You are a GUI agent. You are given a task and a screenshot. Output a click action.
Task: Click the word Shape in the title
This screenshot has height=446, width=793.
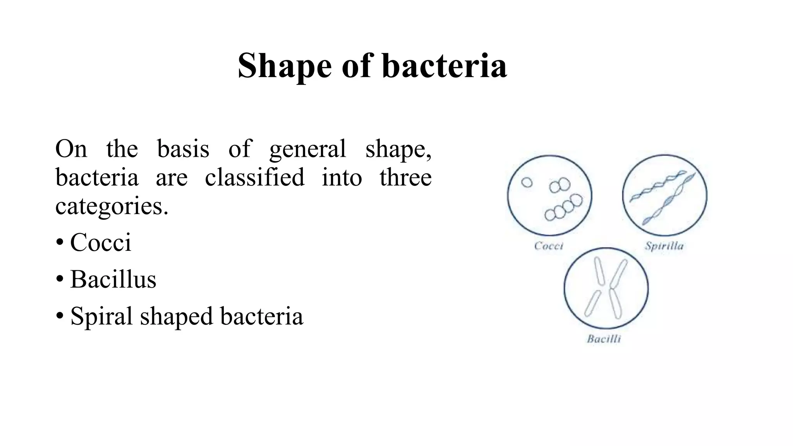[x=285, y=66]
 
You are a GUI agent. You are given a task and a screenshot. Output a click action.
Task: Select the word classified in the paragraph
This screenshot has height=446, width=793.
[x=254, y=177]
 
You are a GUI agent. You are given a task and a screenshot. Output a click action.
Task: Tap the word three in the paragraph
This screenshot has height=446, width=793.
[x=405, y=177]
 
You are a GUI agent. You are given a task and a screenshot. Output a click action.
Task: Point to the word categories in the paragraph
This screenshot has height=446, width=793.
[x=111, y=206]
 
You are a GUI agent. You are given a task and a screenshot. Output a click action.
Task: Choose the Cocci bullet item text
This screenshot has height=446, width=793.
[x=101, y=242]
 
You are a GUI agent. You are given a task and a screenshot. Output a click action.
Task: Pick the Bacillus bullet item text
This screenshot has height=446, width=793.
[x=113, y=279]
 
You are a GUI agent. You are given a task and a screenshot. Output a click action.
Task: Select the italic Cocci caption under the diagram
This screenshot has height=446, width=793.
[x=548, y=246]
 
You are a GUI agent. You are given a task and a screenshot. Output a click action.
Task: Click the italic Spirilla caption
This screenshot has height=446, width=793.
[x=664, y=246]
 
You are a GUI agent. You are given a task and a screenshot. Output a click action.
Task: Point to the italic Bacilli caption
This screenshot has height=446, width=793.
[x=604, y=339]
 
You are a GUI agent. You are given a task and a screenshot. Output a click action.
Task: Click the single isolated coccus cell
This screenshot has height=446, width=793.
[x=527, y=182]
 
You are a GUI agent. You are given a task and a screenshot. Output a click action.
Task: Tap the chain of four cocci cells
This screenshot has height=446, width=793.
[x=563, y=208]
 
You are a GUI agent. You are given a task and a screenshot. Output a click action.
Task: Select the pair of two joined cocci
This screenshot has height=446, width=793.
[x=560, y=185]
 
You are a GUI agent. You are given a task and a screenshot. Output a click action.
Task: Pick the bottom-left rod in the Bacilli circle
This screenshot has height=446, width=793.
[x=592, y=304]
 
